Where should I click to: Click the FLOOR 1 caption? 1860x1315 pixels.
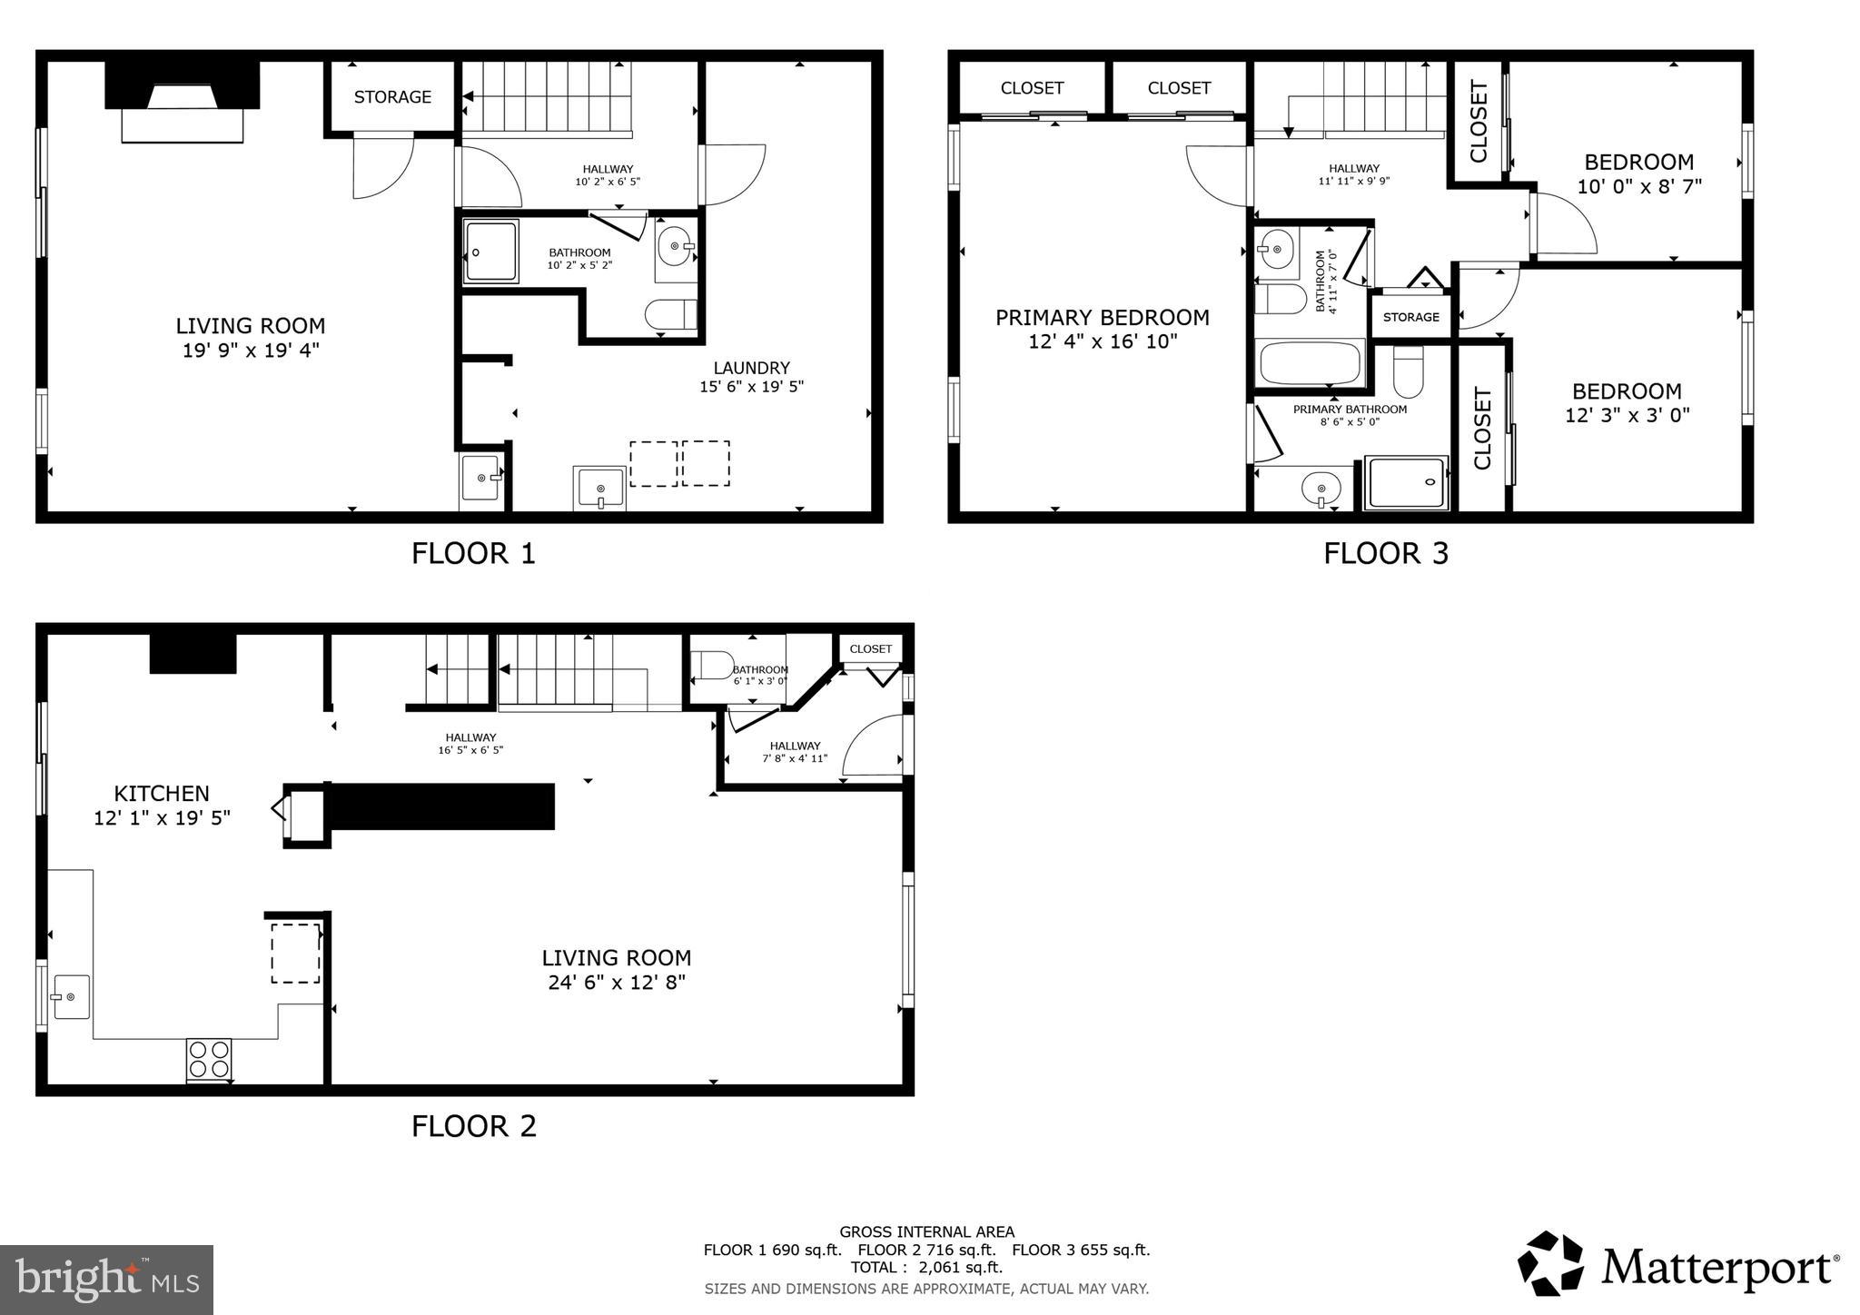473,553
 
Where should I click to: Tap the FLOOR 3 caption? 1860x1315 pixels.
1385,553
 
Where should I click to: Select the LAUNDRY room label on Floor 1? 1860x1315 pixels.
751,368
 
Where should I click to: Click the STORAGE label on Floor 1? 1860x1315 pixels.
392,97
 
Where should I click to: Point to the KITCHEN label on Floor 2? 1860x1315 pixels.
162,793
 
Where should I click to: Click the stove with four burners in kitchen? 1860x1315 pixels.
209,1059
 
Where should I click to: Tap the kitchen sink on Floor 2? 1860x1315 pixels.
71,997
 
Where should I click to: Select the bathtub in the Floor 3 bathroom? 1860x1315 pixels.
1310,363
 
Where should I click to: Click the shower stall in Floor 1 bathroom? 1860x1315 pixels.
490,251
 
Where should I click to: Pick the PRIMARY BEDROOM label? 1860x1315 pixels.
1102,318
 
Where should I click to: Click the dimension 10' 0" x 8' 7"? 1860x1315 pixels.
1638,186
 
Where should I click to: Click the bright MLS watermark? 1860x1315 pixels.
106,1280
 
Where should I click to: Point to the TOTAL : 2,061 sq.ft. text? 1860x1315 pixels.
926,1267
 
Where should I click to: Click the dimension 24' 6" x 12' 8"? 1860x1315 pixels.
617,982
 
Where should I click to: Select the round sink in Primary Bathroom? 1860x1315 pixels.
1321,489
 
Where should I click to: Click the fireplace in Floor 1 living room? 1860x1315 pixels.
183,102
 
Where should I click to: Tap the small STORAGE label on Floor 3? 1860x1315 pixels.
1410,317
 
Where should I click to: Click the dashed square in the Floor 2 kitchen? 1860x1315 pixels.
295,953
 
